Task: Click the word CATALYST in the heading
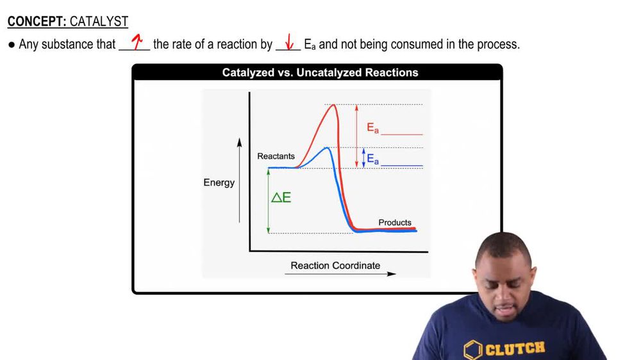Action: pyautogui.click(x=99, y=22)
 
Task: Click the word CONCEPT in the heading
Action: pyautogui.click(x=37, y=22)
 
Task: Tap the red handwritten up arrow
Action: pyautogui.click(x=136, y=44)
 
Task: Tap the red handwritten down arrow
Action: pyautogui.click(x=289, y=44)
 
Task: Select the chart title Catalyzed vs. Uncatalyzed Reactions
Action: pyautogui.click(x=320, y=73)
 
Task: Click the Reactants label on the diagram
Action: pyautogui.click(x=276, y=156)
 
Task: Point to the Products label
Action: pyautogui.click(x=395, y=222)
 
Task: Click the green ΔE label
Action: pyautogui.click(x=281, y=198)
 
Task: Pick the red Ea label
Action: pyautogui.click(x=372, y=127)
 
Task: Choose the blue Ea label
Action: pyautogui.click(x=372, y=158)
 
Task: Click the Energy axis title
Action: pyautogui.click(x=219, y=183)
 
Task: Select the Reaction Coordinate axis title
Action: pyautogui.click(x=335, y=265)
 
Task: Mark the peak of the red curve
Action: pyautogui.click(x=333, y=106)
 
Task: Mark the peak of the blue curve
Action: pyautogui.click(x=327, y=149)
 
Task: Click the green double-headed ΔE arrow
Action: pyautogui.click(x=269, y=200)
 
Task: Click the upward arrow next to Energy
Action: pyautogui.click(x=240, y=179)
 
